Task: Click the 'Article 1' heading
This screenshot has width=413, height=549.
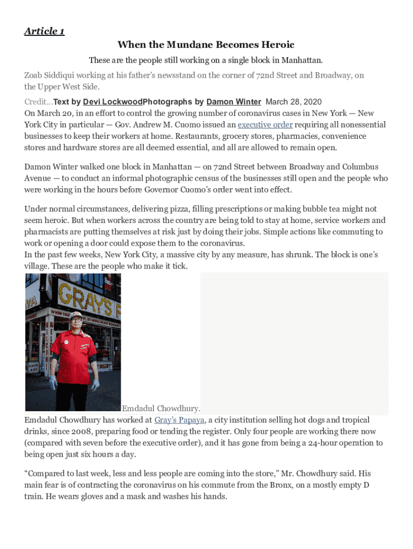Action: (x=45, y=31)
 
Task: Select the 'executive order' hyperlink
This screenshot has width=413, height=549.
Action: (x=265, y=124)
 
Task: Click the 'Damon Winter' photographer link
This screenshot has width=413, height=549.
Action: (x=233, y=101)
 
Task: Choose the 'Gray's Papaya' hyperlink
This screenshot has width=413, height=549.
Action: (x=179, y=420)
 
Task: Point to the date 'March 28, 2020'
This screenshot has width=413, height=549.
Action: (x=294, y=101)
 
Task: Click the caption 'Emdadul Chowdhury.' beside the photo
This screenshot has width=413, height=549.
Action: (x=161, y=409)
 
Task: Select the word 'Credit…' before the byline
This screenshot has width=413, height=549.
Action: (x=39, y=101)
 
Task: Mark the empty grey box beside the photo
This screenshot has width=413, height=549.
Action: (x=294, y=343)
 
